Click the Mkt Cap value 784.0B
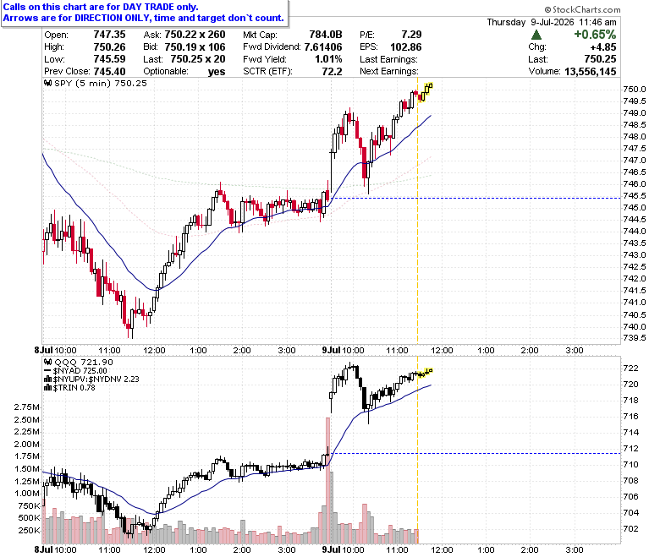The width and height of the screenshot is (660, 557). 326,35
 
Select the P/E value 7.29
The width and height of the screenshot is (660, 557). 411,35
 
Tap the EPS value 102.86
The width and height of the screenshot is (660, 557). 406,47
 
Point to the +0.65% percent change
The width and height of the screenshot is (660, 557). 595,35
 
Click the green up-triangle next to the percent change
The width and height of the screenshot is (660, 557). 536,35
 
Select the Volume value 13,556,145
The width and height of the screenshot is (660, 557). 590,72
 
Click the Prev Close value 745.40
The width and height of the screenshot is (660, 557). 109,72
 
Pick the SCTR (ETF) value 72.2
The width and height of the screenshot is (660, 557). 332,72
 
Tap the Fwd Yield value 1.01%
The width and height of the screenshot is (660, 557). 328,59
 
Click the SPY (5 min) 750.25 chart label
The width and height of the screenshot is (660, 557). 96,83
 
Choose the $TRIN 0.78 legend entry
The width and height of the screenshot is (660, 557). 70,388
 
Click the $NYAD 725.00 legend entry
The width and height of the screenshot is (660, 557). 76,371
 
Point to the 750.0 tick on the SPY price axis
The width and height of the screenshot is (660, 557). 635,89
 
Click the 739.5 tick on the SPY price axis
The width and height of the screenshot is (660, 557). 635,338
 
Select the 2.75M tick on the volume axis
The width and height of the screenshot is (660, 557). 27,407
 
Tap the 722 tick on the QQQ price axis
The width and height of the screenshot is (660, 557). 630,369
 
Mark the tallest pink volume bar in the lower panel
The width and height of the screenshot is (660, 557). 327,480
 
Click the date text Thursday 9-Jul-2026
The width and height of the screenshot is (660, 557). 531,22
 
